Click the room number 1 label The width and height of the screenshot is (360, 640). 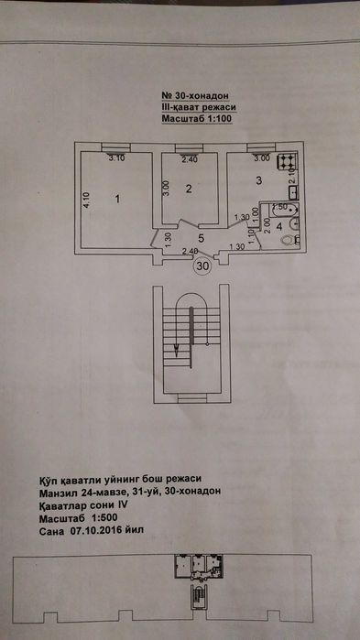(118, 198)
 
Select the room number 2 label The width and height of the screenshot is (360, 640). (187, 190)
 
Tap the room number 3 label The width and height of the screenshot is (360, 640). (259, 180)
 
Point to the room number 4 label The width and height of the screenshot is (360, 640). (279, 227)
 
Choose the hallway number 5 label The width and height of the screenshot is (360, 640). (200, 239)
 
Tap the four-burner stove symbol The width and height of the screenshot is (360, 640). (286, 162)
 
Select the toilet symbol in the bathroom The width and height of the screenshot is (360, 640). (289, 239)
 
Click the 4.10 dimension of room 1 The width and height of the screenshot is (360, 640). (85, 200)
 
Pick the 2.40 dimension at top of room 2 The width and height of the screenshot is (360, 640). (190, 160)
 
